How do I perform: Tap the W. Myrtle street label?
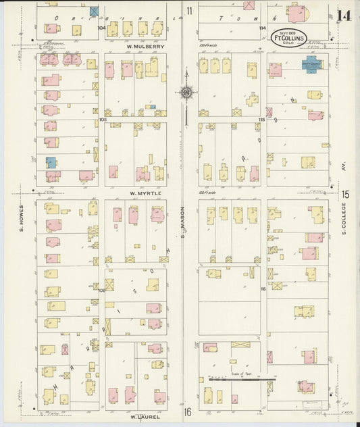click(143, 193)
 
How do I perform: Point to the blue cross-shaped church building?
click(311, 66)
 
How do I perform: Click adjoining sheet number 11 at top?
click(190, 10)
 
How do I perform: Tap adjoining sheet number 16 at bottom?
click(190, 411)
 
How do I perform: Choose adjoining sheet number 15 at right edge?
click(345, 195)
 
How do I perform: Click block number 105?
click(103, 119)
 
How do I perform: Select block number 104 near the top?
click(101, 28)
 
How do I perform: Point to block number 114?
click(262, 28)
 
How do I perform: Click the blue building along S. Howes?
click(51, 162)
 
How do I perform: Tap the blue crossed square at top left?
click(94, 11)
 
